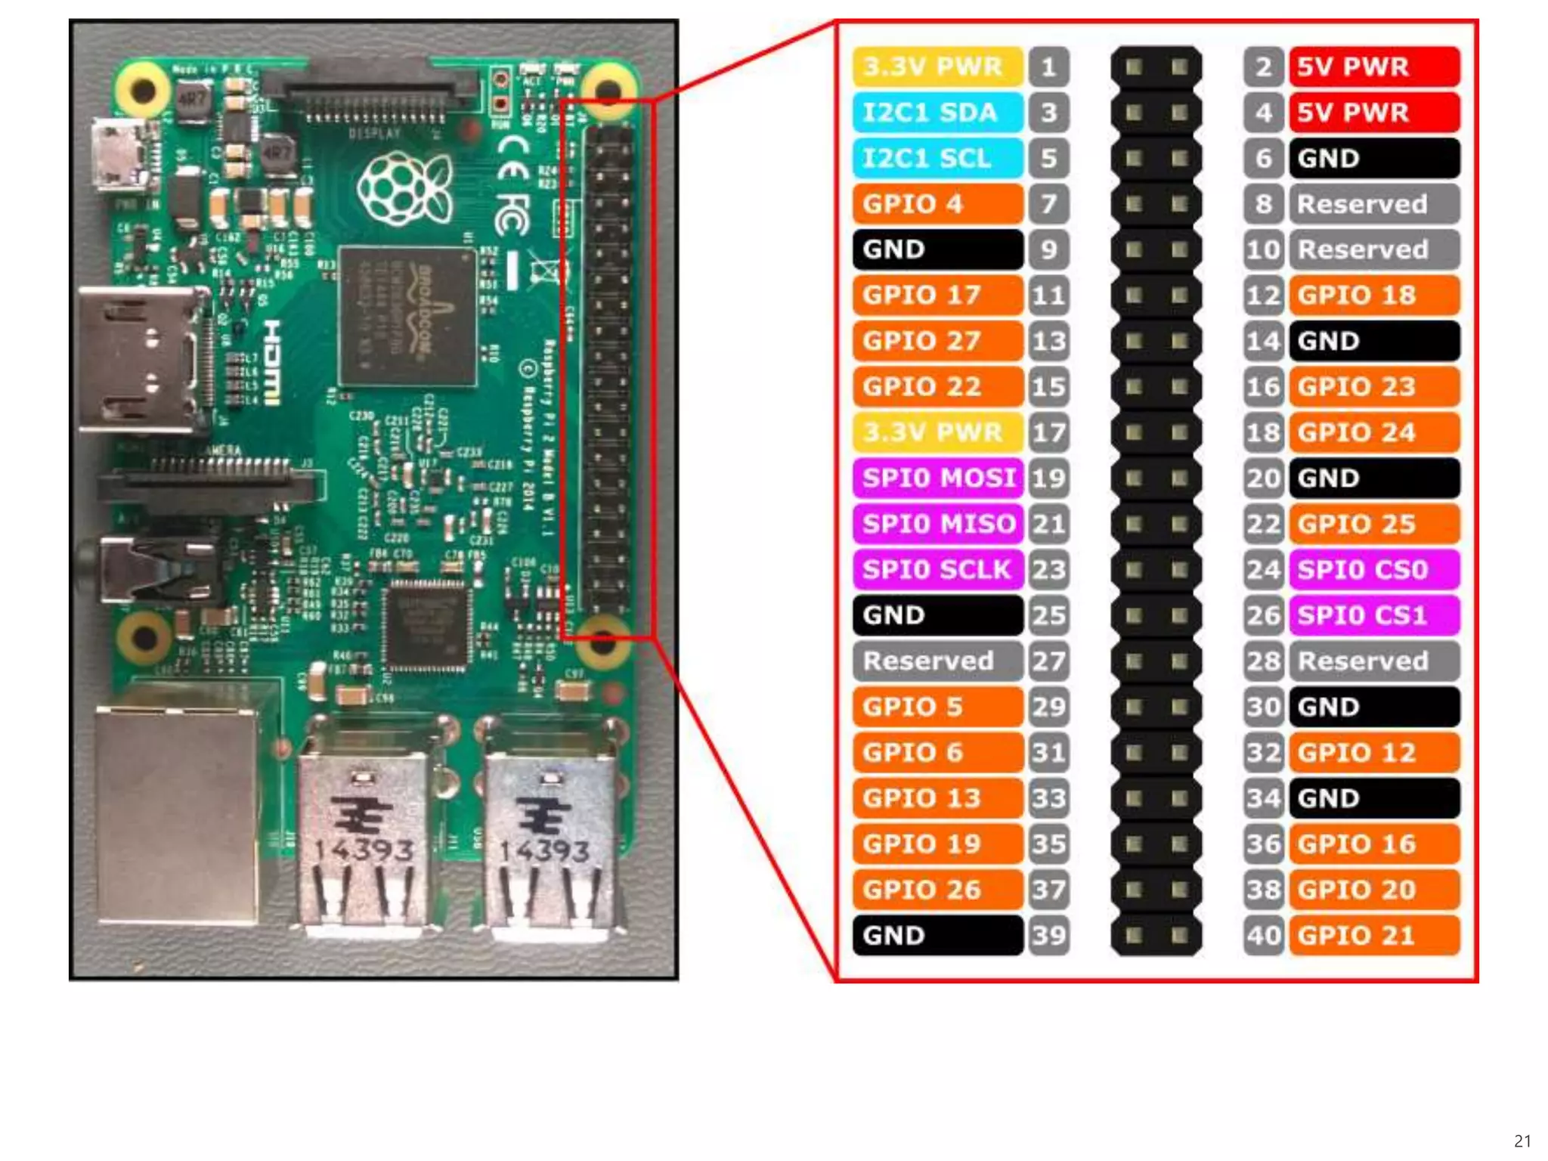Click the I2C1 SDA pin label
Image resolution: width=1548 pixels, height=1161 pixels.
937,113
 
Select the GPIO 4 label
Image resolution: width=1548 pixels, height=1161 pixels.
937,204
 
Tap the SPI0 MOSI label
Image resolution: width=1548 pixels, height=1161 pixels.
938,478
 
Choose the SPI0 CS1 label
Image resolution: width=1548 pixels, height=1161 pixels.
1373,615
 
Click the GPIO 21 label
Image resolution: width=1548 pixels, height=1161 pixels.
1373,936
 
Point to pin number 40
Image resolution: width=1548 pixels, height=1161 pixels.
1263,936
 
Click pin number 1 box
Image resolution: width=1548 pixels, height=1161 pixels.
1049,67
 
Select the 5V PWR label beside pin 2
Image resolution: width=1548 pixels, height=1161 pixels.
1373,67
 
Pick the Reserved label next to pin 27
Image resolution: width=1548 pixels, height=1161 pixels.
937,661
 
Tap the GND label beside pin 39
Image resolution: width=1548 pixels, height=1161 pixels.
937,936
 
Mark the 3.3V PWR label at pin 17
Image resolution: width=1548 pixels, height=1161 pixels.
937,432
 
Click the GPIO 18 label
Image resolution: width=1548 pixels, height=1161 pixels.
1373,296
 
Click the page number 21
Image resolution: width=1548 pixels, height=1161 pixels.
1522,1141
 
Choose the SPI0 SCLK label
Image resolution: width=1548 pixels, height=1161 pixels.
938,569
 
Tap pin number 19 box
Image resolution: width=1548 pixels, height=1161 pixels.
1049,478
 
